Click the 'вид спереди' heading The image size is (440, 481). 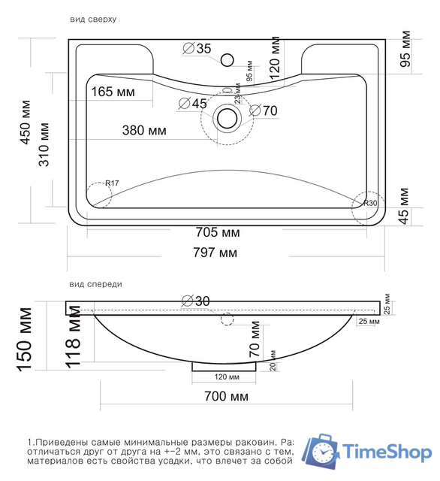95,285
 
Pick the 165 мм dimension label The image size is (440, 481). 113,92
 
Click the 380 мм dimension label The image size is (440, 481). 144,131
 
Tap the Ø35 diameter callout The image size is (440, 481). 197,49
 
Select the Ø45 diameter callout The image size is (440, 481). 193,104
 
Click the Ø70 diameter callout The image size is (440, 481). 264,110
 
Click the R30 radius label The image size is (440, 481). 369,204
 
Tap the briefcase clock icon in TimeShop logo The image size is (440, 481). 321,450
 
